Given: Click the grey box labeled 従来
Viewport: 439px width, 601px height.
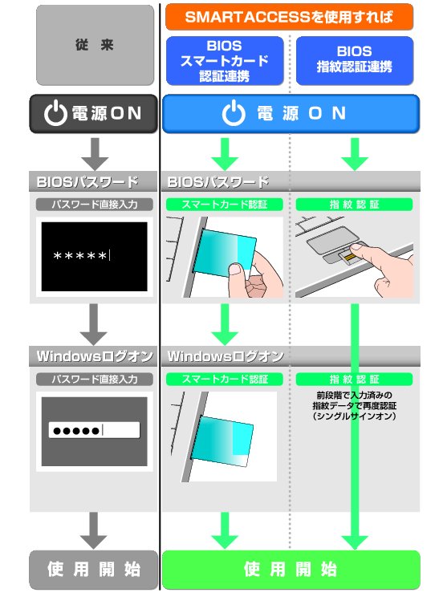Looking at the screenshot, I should [x=95, y=44].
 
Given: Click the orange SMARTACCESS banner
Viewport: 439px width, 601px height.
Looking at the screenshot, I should [x=290, y=16].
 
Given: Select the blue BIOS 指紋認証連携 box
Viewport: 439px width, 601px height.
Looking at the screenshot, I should [x=354, y=60].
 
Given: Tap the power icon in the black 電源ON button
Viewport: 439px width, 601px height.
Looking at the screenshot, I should [x=55, y=114].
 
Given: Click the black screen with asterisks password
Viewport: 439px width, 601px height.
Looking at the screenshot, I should [x=95, y=256].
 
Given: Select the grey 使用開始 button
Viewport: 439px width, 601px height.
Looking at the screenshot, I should [x=95, y=570].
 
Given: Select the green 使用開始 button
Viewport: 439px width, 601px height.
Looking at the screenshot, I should [x=290, y=570].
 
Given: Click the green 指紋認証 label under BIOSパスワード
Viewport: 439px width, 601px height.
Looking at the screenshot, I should [x=354, y=205].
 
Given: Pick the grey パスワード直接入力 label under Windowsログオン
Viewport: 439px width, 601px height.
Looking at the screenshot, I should [x=95, y=379].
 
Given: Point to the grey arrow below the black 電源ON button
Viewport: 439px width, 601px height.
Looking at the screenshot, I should [x=95, y=152].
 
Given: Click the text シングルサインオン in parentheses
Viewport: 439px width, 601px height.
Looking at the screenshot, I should [x=353, y=416].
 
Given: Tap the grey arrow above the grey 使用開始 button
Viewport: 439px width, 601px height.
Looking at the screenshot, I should [x=95, y=530].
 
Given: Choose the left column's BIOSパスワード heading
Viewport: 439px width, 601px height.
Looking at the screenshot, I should [x=87, y=182].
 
